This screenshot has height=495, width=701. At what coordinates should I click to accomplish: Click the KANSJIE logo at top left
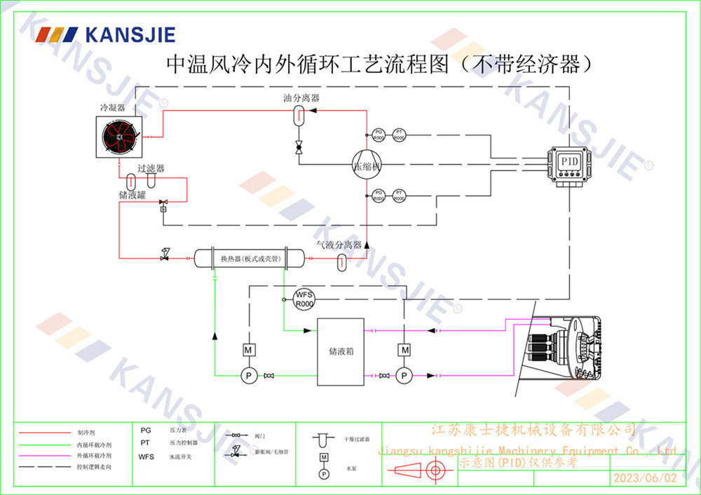point(105,34)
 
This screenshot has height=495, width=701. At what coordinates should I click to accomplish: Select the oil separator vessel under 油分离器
point(297,116)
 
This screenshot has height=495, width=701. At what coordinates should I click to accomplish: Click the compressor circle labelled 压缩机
point(366,165)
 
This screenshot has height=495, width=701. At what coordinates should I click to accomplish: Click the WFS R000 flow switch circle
point(304,299)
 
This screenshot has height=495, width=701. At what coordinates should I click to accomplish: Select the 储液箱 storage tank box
point(341,351)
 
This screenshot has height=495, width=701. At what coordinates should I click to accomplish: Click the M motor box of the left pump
point(247,349)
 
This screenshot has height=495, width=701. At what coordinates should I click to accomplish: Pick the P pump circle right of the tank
point(404,376)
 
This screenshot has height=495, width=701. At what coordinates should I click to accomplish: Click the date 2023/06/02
point(645,478)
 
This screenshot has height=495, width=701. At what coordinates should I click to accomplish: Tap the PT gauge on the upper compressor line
point(399,135)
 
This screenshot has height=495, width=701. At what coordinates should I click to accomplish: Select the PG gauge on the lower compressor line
point(379,195)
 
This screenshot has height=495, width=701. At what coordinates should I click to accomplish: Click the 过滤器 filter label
point(151,169)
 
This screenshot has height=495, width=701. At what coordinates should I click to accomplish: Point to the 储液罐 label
point(132,196)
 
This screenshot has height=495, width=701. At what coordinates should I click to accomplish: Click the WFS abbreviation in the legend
point(147,456)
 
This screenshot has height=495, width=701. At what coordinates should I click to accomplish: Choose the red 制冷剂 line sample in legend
point(42,433)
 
